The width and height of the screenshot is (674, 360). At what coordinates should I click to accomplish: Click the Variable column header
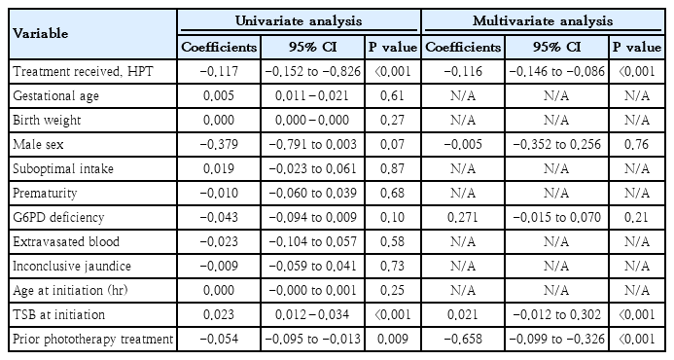coord(41,33)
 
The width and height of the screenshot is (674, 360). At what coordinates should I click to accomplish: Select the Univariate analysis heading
coord(299,21)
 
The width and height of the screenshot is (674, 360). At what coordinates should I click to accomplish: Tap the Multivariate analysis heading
coord(543,21)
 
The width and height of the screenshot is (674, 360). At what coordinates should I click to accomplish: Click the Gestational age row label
coord(55,95)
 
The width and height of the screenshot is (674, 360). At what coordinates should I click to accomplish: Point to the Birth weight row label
coord(47,120)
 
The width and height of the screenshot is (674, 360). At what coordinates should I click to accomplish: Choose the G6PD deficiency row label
coord(58,217)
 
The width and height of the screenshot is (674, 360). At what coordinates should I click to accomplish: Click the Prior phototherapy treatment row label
coord(92,339)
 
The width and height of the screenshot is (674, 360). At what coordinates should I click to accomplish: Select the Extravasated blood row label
coord(66,241)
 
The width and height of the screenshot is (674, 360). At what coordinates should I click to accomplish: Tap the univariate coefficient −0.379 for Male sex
coord(219,144)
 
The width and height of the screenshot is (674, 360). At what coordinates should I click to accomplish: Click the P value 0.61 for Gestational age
coord(392,95)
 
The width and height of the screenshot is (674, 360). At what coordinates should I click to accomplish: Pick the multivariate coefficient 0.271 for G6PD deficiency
coord(463,217)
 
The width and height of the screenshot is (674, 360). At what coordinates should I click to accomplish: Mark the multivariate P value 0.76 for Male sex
coord(636,144)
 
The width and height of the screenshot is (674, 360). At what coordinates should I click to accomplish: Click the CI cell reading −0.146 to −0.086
coord(556,71)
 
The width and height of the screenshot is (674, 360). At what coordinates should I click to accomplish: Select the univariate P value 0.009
coord(392,339)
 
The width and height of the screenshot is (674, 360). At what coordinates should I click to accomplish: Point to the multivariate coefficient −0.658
coord(463,339)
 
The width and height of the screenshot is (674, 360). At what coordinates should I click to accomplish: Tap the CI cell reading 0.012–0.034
coord(312,314)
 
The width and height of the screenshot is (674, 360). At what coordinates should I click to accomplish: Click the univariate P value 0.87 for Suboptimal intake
coord(392,168)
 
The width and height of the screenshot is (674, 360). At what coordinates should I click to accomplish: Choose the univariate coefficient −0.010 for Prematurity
coord(219,193)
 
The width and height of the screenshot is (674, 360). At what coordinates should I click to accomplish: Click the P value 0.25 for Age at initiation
coord(392,290)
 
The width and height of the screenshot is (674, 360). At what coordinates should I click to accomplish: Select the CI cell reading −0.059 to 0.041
coord(312,266)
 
